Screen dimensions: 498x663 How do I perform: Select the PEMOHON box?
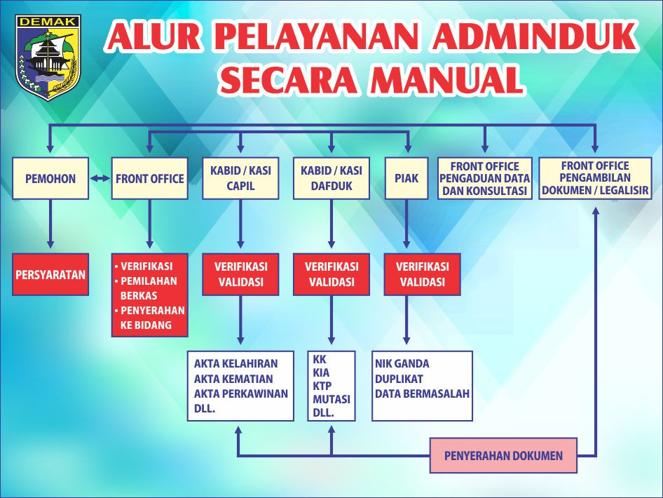tap(50, 178)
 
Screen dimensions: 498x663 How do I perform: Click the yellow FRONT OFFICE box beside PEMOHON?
tap(150, 178)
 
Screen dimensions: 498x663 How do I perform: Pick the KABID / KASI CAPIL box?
tap(240, 178)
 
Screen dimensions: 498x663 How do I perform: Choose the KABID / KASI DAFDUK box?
tap(331, 178)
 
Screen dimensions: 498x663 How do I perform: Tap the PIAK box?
tap(406, 178)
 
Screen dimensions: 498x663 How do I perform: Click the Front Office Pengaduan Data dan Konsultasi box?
tap(485, 178)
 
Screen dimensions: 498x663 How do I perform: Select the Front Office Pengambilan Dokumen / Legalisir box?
tap(595, 178)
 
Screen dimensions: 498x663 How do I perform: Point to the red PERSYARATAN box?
tap(50, 274)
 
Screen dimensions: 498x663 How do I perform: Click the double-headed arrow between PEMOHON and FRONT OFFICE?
tap(101, 178)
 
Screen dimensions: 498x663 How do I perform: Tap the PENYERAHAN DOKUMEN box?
tap(503, 456)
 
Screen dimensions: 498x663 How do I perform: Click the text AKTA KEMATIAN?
tap(235, 379)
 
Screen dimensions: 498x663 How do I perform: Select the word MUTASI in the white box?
tap(331, 399)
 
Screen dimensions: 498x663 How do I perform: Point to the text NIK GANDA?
tap(402, 364)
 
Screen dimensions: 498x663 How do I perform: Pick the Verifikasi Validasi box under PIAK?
tap(423, 274)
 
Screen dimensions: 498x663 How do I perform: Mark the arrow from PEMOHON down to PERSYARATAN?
tap(50, 224)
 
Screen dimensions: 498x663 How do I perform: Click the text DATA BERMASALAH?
tap(422, 393)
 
